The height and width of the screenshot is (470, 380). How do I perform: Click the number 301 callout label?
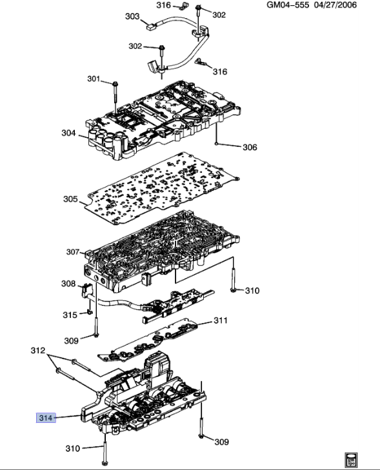tap(94, 79)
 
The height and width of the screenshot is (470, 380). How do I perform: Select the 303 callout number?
tap(132, 16)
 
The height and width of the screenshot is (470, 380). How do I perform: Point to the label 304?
tap(68, 133)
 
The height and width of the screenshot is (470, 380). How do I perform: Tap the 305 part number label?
tap(70, 199)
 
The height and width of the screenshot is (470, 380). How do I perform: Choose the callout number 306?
tap(250, 148)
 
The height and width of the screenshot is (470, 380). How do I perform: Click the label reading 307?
tap(73, 252)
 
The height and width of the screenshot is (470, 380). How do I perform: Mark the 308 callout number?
tap(68, 284)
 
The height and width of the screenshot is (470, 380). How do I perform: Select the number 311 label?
tap(221, 320)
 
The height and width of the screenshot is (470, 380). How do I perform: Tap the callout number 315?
tap(69, 315)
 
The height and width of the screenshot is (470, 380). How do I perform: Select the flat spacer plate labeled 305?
tap(161, 191)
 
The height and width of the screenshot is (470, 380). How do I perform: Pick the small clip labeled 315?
tap(87, 315)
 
